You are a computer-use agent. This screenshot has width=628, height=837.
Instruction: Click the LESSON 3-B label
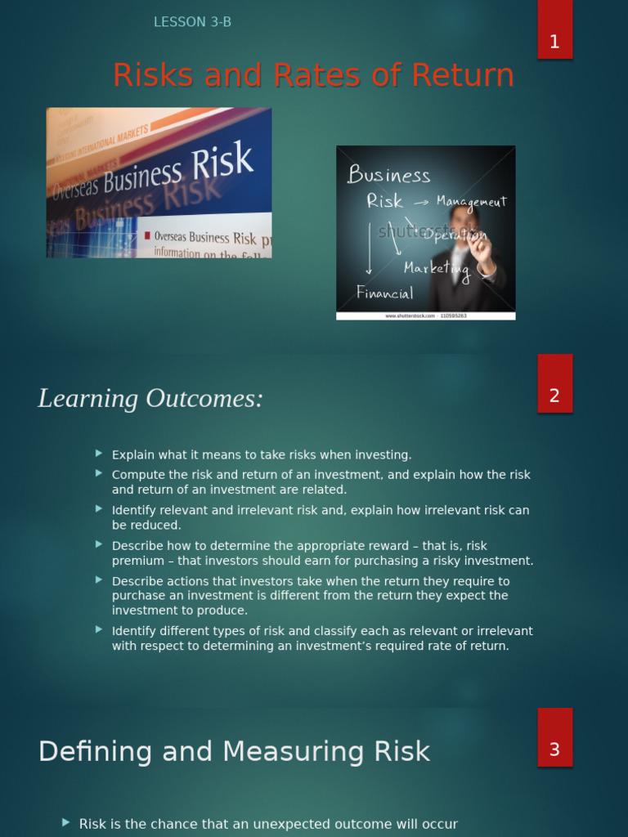click(x=192, y=22)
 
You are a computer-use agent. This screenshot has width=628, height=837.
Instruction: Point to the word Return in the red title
click(x=463, y=75)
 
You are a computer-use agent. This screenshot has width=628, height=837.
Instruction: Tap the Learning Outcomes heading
click(x=150, y=399)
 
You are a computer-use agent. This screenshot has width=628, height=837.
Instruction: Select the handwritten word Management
click(x=471, y=202)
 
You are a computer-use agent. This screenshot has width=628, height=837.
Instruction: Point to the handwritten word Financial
click(x=384, y=293)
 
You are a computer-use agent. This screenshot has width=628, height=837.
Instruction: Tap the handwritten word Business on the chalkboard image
click(x=388, y=175)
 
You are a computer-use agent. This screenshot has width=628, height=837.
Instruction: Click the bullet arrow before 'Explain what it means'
click(x=99, y=453)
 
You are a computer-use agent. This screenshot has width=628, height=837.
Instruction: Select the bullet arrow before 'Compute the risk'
click(x=99, y=472)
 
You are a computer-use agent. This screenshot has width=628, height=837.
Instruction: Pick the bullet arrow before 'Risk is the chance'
click(x=66, y=822)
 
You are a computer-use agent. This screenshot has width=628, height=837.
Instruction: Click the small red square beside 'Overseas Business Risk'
click(x=147, y=236)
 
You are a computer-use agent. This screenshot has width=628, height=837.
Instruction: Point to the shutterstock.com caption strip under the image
click(x=425, y=316)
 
